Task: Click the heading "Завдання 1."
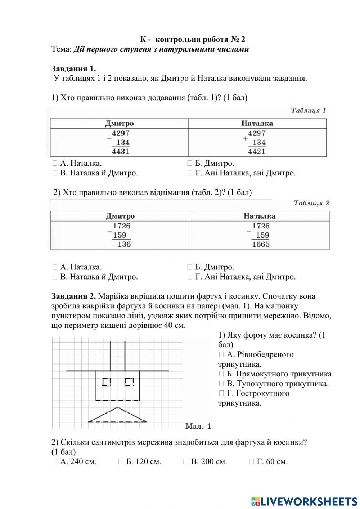pyautogui.click(x=73, y=68)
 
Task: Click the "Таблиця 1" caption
pyautogui.click(x=308, y=111)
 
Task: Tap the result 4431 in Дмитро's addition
pyautogui.click(x=120, y=151)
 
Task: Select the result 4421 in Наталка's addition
pyautogui.click(x=256, y=151)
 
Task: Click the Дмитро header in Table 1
pyautogui.click(x=119, y=124)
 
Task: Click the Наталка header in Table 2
pyautogui.click(x=259, y=216)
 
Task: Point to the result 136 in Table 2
pyautogui.click(x=124, y=244)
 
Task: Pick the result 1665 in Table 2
pyautogui.click(x=260, y=244)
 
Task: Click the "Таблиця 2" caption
pyautogui.click(x=311, y=203)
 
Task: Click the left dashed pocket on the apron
pyautogui.click(x=107, y=382)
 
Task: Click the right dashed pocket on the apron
pyautogui.click(x=129, y=382)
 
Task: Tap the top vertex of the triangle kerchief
pyautogui.click(x=117, y=408)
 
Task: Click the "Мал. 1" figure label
pyautogui.click(x=198, y=427)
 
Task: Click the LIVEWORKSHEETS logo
pyautogui.click(x=304, y=501)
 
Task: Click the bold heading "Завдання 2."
pyautogui.click(x=73, y=296)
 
